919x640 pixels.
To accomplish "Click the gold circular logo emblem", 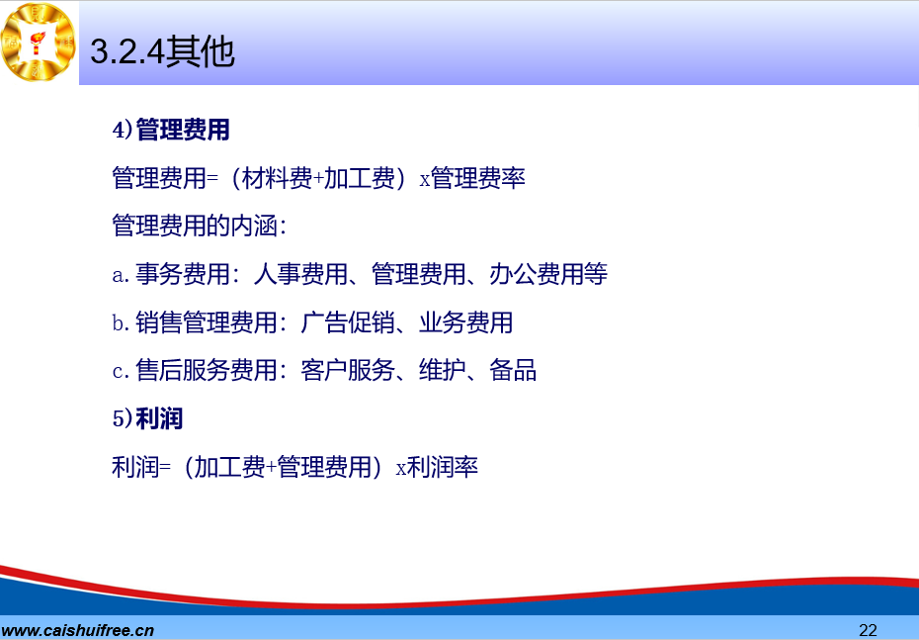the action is click(x=39, y=42).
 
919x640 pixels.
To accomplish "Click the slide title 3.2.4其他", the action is click(x=162, y=51).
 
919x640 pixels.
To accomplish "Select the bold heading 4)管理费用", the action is click(x=171, y=130).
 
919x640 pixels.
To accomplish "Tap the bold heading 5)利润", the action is click(x=147, y=418).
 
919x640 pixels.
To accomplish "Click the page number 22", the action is click(x=868, y=630).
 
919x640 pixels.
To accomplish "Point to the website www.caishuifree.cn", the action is click(x=77, y=631).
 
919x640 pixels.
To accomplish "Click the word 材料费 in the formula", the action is click(x=278, y=178).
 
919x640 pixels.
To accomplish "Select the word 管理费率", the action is click(x=477, y=178).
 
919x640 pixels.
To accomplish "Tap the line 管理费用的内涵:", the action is click(x=200, y=227).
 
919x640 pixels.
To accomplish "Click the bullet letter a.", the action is click(x=120, y=275).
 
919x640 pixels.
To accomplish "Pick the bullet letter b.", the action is click(x=121, y=322).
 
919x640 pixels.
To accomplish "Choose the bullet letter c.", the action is click(x=120, y=371).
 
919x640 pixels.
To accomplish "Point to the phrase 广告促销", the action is click(x=348, y=322).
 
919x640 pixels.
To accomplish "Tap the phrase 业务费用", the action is click(x=466, y=322).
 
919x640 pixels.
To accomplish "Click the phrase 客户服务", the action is click(x=348, y=371).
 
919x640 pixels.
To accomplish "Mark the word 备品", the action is click(x=513, y=371).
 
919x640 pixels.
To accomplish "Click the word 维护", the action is click(x=443, y=371).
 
